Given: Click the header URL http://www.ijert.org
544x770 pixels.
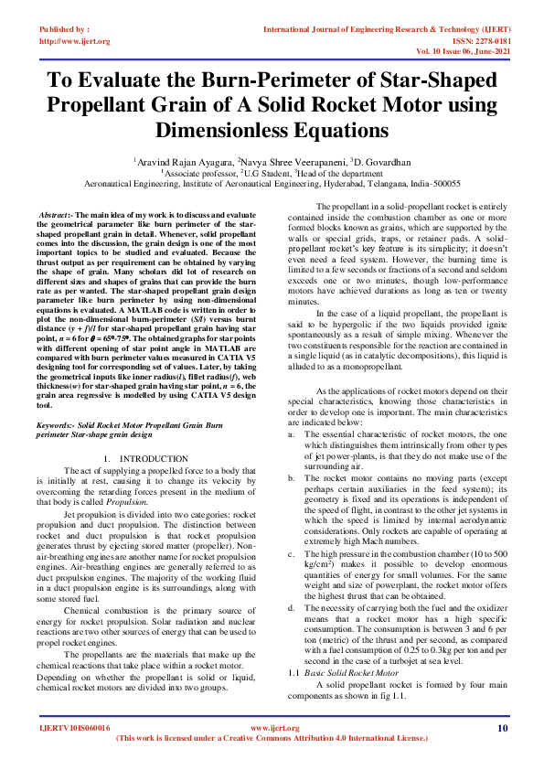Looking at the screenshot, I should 74,41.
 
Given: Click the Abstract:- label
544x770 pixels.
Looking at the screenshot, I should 57,213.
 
